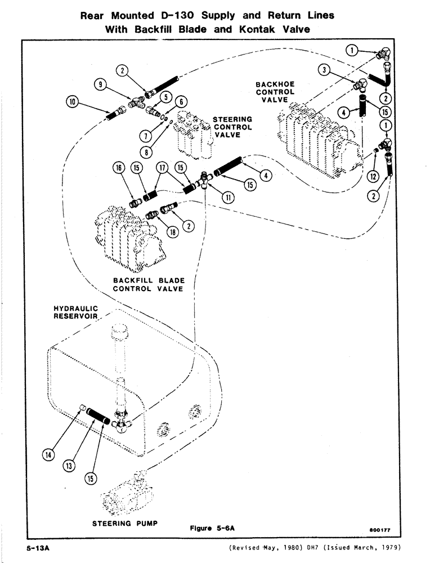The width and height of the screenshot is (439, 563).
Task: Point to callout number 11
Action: (x=229, y=196)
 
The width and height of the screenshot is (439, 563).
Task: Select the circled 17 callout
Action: (x=163, y=168)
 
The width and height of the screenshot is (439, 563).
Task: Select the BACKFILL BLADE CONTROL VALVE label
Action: (x=149, y=284)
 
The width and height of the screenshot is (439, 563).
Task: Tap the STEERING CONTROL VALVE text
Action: (x=232, y=127)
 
